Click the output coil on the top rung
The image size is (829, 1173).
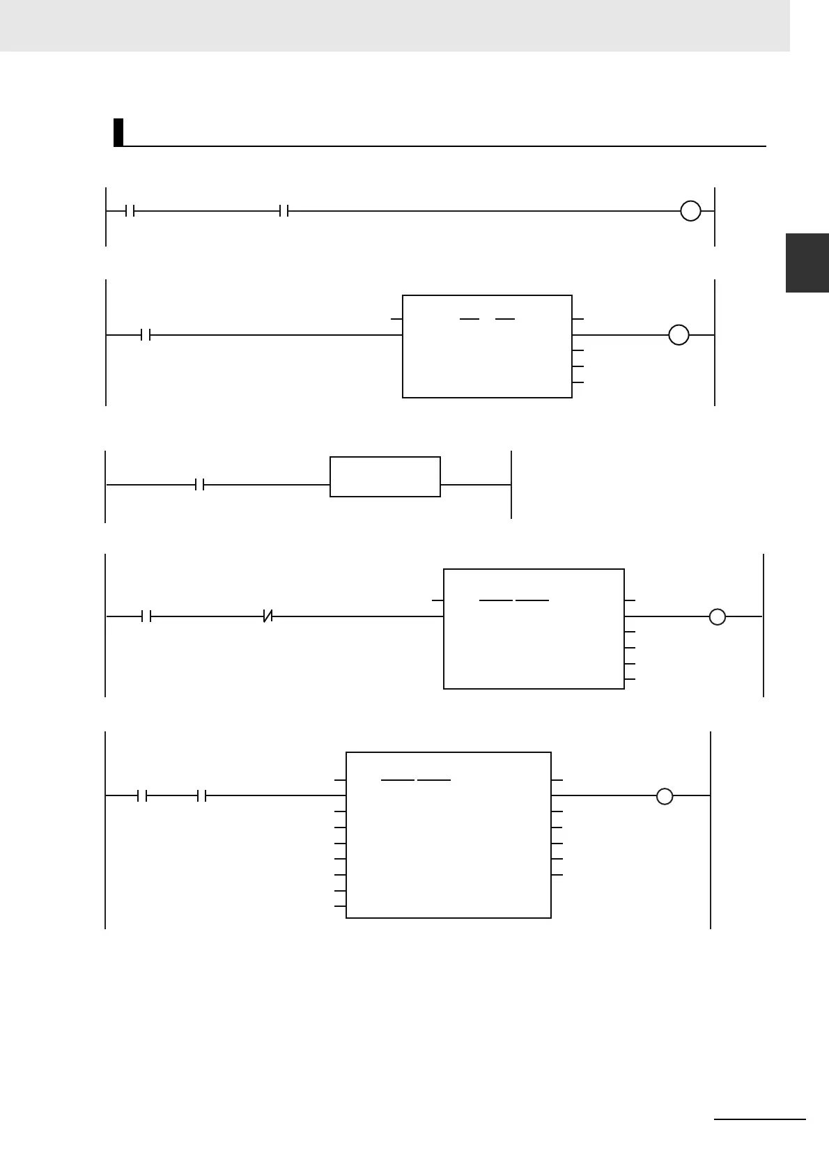[x=690, y=210]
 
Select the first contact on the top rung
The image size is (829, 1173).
[x=130, y=210]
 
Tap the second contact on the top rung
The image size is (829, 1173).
[x=284, y=210]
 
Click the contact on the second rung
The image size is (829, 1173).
[x=146, y=335]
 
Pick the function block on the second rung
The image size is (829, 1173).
[x=487, y=346]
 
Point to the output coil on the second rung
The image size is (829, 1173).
[x=679, y=335]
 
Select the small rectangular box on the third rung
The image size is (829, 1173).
[x=385, y=476]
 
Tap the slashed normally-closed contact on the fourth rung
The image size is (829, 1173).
[x=268, y=616]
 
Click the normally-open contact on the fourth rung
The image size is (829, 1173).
[x=146, y=616]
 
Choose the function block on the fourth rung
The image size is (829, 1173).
[x=534, y=629]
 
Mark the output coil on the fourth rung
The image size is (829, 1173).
[x=717, y=616]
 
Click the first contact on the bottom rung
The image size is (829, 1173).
[x=143, y=795]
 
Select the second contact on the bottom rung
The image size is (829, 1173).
[x=202, y=795]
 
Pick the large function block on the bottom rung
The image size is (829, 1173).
[x=448, y=834]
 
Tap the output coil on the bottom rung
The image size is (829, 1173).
[x=665, y=795]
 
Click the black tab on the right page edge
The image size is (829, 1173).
[x=807, y=263]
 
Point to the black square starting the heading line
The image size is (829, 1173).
[x=118, y=132]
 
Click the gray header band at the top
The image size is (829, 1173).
[x=394, y=25]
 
